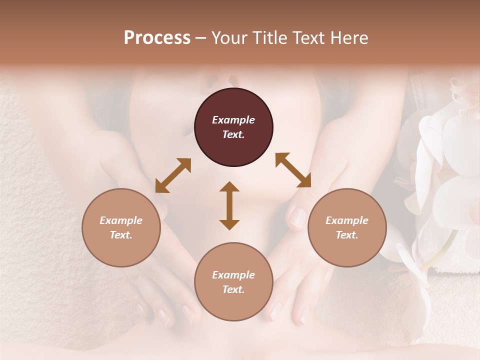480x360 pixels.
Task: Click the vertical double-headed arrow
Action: point(229,205)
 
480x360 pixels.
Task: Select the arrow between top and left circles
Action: point(173,175)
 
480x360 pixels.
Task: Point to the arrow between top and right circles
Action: point(293,170)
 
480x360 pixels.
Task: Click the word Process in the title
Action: point(157,37)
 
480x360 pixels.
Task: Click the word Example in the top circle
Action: point(233,120)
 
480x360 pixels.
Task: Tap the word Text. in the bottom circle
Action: point(233,289)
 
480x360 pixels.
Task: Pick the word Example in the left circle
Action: point(121,220)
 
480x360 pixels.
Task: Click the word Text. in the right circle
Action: point(347,235)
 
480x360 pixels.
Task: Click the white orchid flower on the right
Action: point(445,150)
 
